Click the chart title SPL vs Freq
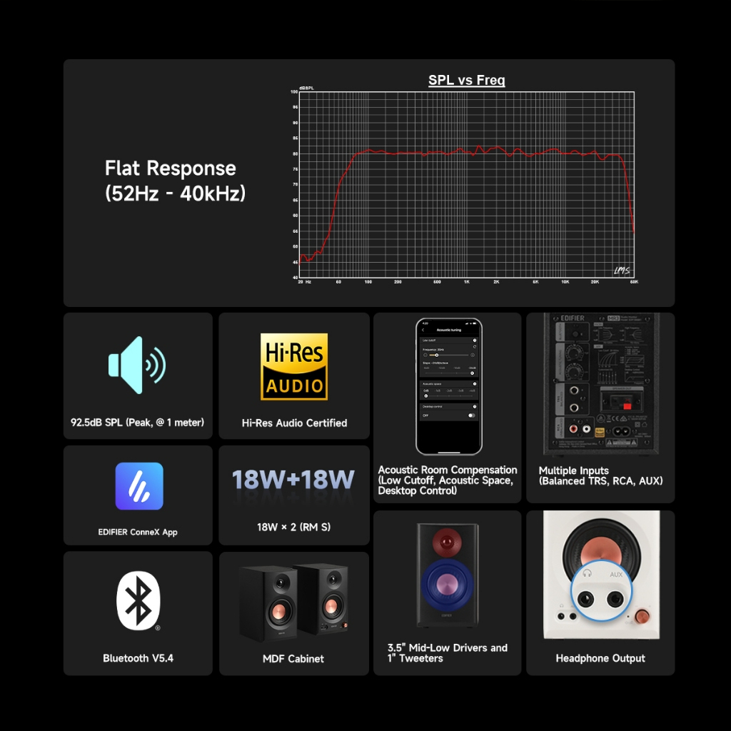tap(466, 81)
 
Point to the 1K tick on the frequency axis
tap(466, 283)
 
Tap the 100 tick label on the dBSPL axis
tap(294, 92)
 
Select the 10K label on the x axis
tap(565, 283)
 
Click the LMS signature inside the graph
tap(622, 270)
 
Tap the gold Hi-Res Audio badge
tap(294, 366)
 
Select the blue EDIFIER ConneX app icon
tap(139, 486)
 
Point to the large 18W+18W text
tap(293, 480)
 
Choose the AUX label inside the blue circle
tap(616, 573)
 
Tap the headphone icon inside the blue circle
tap(587, 573)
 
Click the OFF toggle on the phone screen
tap(471, 415)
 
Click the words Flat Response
tap(170, 168)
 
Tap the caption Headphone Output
tap(600, 658)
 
